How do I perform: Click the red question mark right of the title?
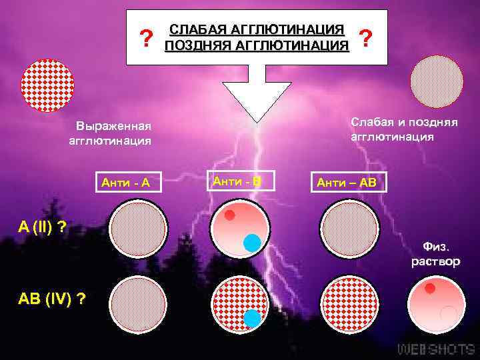click(365, 39)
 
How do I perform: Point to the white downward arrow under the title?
click(257, 93)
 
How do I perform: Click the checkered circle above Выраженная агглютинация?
click(47, 85)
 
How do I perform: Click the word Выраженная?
click(113, 126)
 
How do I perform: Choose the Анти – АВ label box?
click(346, 182)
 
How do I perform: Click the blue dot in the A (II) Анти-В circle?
click(251, 243)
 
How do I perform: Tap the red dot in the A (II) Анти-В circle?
click(229, 215)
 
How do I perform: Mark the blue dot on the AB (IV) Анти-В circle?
click(252, 318)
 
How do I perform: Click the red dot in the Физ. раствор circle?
click(430, 289)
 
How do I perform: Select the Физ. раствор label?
click(436, 254)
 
